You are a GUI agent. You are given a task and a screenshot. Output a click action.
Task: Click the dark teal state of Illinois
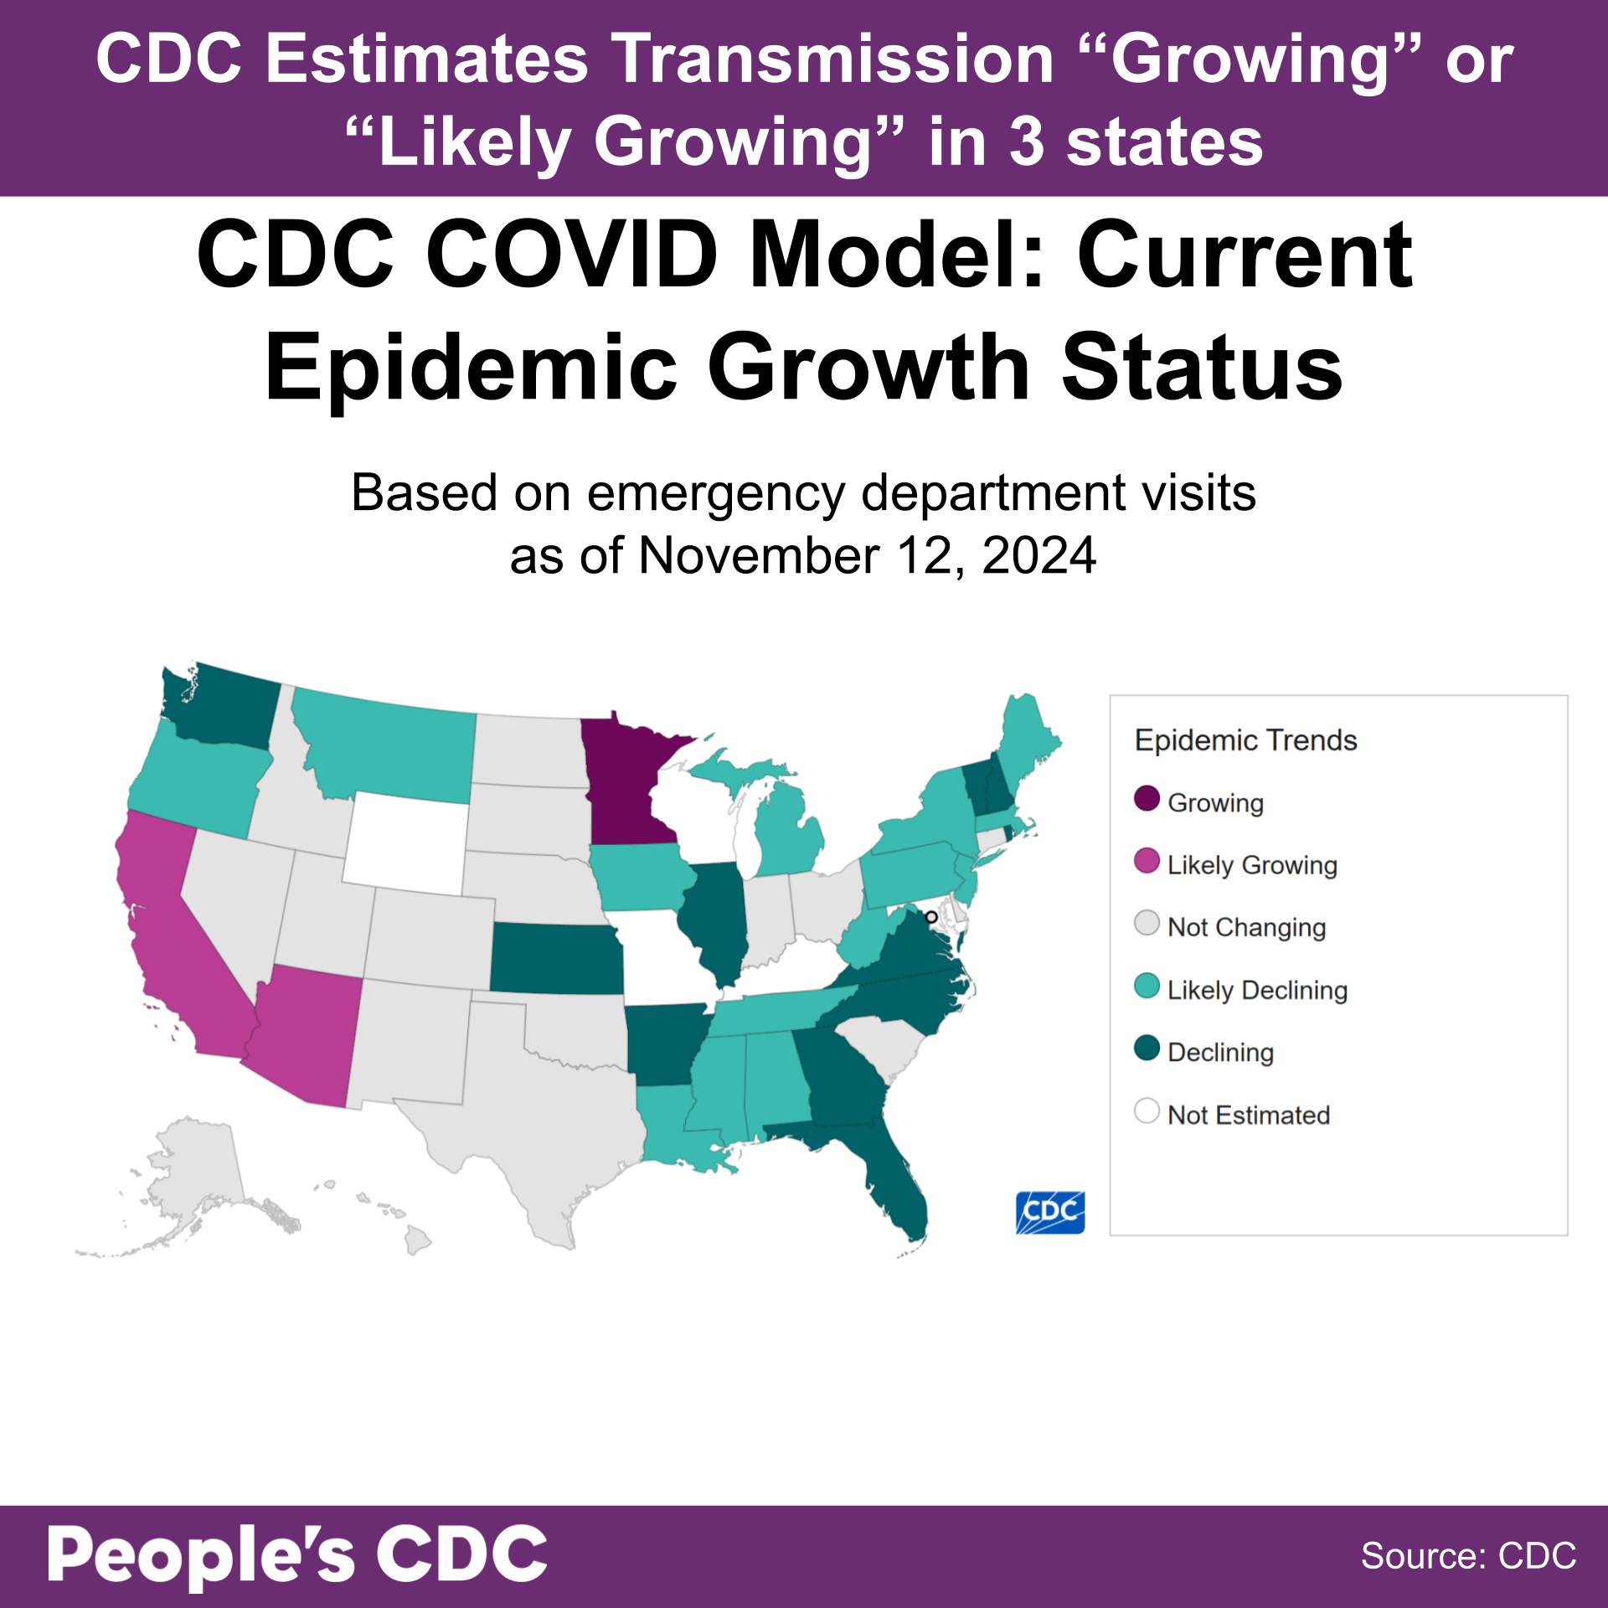tap(716, 921)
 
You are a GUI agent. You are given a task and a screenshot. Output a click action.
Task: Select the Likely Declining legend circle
tap(1147, 986)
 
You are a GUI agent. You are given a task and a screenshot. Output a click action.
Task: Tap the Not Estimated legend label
tap(1248, 1115)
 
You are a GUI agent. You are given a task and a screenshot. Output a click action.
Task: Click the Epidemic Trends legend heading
tap(1245, 740)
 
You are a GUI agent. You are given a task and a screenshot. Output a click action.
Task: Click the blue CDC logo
tap(1050, 1212)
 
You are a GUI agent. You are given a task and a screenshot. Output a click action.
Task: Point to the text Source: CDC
tap(1468, 1556)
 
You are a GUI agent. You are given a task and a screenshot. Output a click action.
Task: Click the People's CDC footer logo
tap(297, 1556)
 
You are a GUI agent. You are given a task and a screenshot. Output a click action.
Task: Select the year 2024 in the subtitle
tap(1038, 555)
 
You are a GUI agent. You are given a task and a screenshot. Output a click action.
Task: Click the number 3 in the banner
tap(1027, 142)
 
